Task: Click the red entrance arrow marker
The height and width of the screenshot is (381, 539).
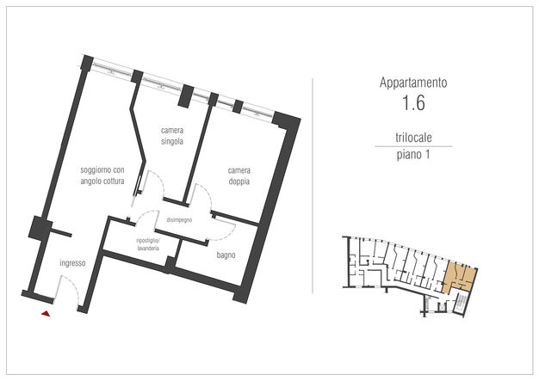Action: (x=46, y=313)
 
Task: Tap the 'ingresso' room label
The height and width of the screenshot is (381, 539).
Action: (x=72, y=263)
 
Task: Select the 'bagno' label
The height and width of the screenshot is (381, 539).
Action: (x=226, y=255)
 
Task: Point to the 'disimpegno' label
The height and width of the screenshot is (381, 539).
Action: (x=179, y=220)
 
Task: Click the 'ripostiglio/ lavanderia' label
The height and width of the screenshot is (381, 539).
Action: (x=148, y=244)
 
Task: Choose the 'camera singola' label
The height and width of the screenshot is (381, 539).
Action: (x=172, y=136)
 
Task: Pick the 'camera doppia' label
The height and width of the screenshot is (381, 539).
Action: (x=239, y=175)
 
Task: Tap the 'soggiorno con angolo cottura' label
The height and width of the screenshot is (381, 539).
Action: (x=102, y=175)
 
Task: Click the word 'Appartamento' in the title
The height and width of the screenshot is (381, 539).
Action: (x=413, y=83)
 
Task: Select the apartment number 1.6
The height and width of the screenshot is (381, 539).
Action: (x=413, y=102)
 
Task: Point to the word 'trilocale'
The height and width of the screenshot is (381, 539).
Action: (x=413, y=138)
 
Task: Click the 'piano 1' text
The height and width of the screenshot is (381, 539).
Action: (x=413, y=155)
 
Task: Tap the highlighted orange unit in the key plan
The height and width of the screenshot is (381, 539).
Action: (x=459, y=276)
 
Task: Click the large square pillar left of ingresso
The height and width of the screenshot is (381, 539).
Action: (x=40, y=227)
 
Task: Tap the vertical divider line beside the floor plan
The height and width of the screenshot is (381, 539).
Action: (x=313, y=186)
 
